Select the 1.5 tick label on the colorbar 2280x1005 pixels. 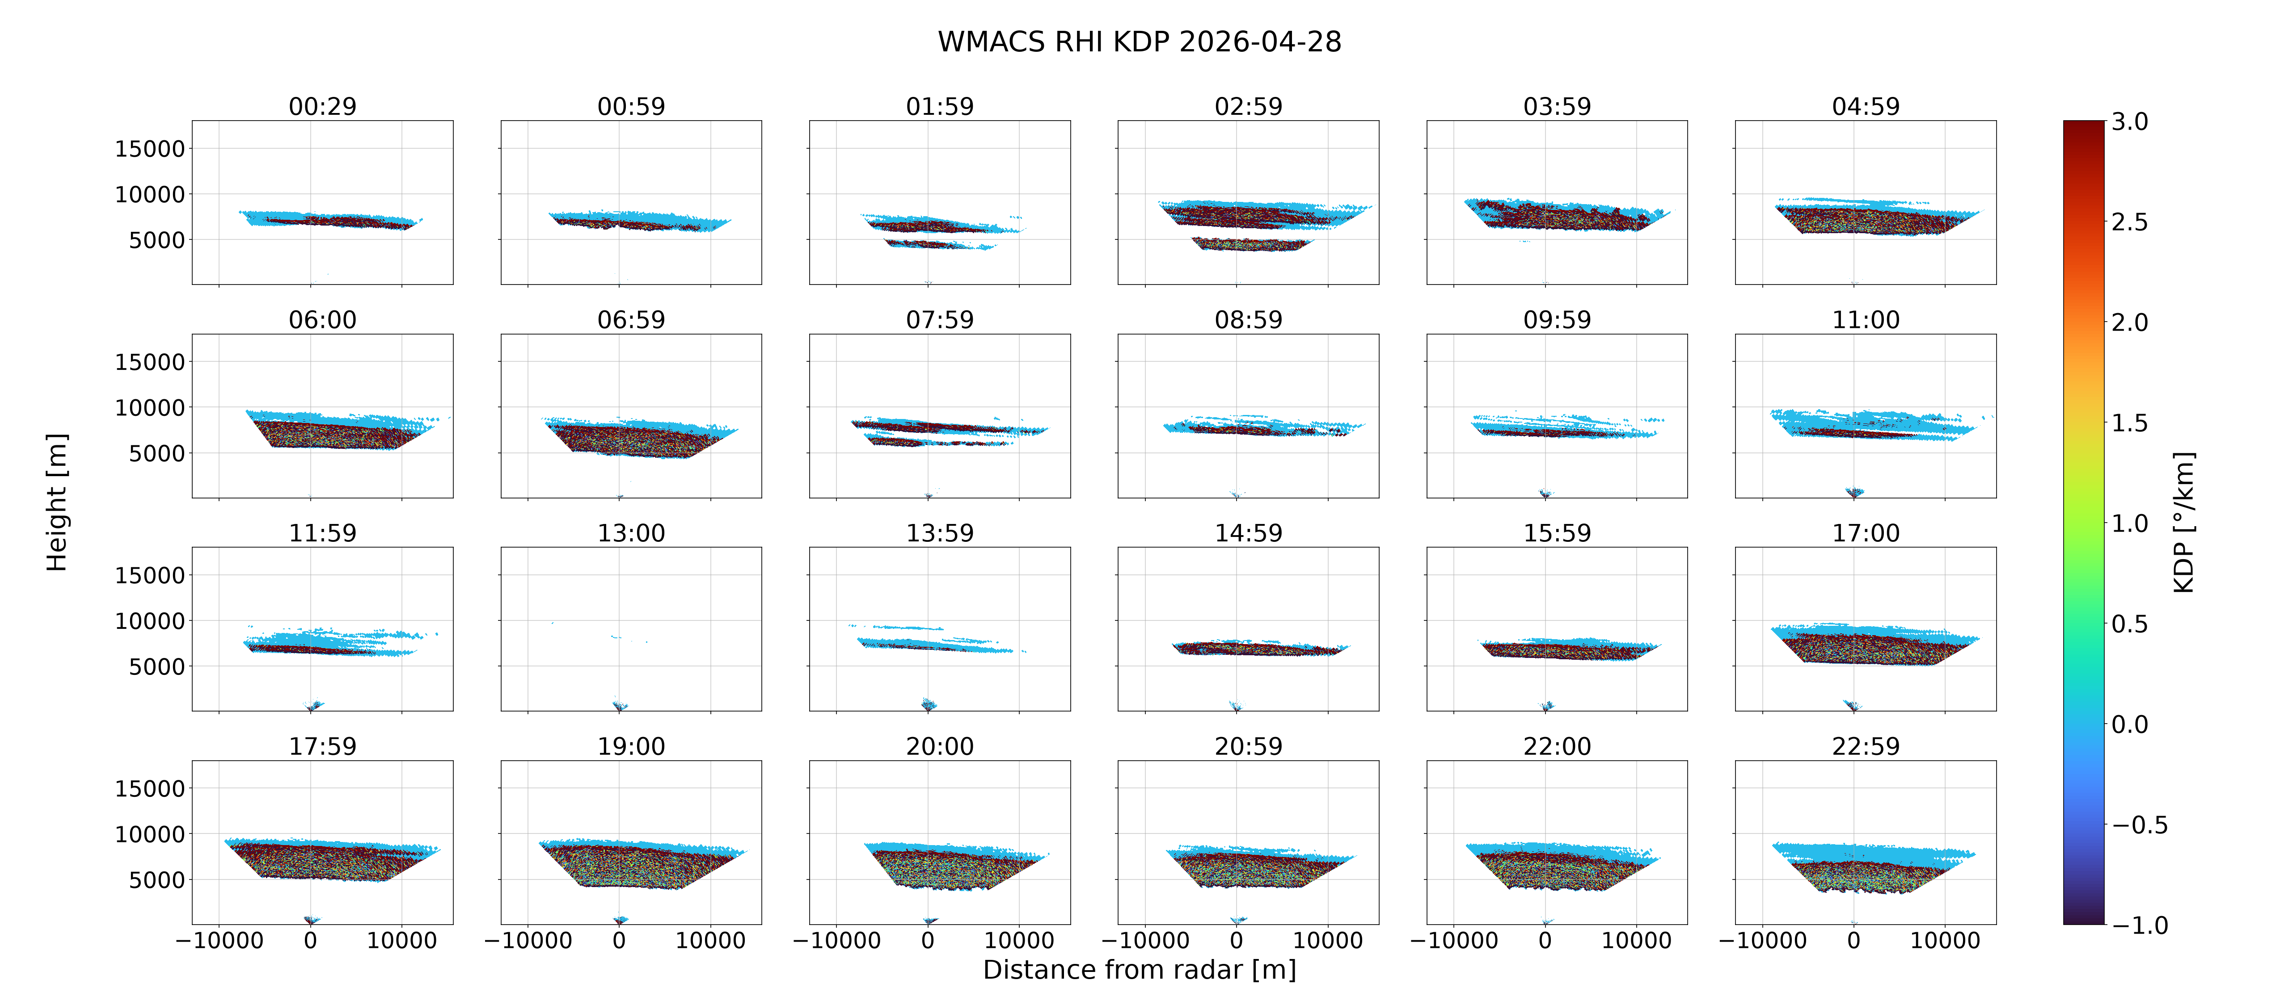[2129, 423]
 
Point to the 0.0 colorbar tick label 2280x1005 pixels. [2129, 724]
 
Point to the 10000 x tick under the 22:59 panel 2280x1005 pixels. [1945, 940]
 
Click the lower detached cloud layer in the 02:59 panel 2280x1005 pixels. [1249, 243]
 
